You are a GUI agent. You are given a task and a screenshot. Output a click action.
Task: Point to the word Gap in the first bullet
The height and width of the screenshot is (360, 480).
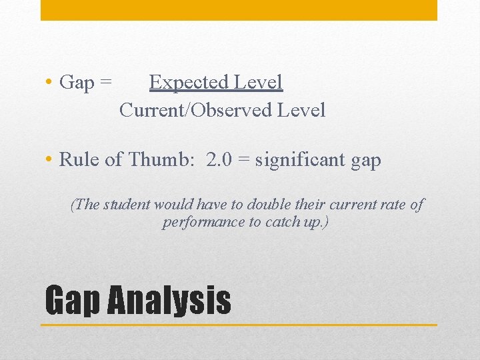click(x=77, y=83)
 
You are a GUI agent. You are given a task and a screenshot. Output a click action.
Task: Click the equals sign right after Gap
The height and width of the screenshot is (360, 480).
click(x=105, y=83)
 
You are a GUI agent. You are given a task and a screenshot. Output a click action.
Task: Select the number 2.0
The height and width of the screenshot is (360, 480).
click(x=221, y=160)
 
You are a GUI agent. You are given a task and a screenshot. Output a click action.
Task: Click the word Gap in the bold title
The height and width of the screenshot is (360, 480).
click(x=72, y=301)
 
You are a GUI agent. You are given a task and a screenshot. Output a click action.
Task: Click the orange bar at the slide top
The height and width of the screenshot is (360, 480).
click(x=239, y=10)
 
